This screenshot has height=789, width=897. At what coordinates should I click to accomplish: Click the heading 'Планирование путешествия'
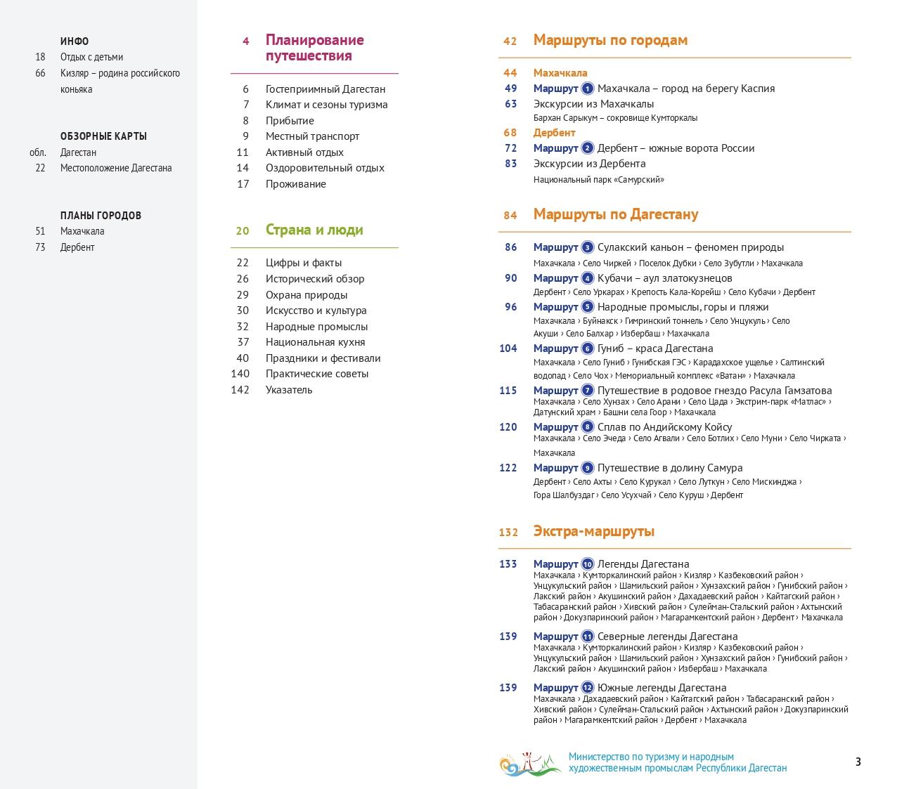pos(314,48)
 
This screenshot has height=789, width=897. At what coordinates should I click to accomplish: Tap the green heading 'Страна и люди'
pos(314,230)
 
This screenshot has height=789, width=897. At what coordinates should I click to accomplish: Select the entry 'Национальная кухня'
pos(315,342)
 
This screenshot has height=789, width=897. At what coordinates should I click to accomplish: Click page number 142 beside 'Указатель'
pos(240,390)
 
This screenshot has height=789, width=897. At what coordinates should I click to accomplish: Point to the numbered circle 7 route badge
pos(588,391)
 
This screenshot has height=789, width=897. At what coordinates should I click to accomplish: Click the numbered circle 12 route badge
pos(588,688)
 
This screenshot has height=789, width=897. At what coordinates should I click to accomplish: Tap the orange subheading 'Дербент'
pos(554,133)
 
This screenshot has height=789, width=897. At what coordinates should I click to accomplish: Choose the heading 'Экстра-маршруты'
pos(593,531)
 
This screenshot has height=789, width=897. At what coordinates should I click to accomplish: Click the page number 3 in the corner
pos(858,762)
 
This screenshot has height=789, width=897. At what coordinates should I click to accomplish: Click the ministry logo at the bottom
pos(530,763)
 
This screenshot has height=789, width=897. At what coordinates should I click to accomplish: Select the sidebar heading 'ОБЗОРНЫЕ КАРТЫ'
pos(103,136)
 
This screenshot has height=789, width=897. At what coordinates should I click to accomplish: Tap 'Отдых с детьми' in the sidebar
pos(91,57)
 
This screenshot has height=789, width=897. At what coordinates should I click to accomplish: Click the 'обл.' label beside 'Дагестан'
pos(38,152)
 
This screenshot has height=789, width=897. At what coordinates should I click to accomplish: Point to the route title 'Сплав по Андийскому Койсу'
pos(664,427)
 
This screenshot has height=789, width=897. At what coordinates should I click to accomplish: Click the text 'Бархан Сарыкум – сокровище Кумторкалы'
pos(615,118)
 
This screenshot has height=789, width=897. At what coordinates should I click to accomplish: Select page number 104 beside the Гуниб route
pos(508,348)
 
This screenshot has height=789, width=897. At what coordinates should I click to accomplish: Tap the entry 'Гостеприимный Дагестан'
pos(325,89)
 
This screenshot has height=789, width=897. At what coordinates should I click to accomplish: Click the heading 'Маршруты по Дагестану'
pos(615,214)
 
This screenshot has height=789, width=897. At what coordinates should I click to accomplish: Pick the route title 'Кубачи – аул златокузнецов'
pos(664,278)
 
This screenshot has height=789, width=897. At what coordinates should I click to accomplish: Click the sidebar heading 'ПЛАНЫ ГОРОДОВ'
pos(101,216)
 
